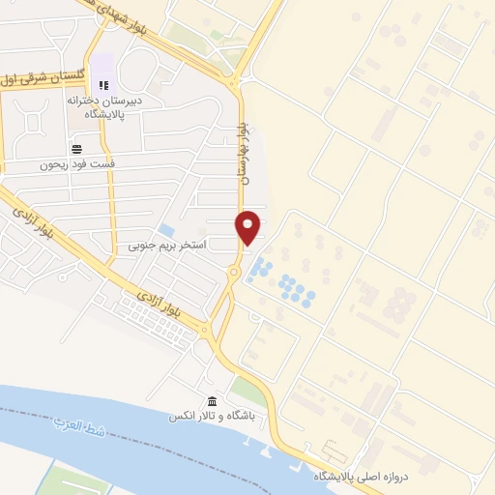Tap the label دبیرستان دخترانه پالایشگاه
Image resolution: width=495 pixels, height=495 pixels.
pyautogui.click(x=105, y=106)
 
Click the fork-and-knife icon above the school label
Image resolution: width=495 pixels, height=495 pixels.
pyautogui.click(x=103, y=86)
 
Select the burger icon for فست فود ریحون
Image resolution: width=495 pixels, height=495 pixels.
pyautogui.click(x=75, y=148)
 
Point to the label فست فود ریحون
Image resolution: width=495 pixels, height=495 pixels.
pyautogui.click(x=76, y=164)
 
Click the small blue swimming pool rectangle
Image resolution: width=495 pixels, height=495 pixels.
pyautogui.click(x=167, y=231)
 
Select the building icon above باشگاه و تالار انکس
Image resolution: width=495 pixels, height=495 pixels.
pyautogui.click(x=213, y=402)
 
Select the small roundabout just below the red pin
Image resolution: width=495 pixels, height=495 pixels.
pyautogui.click(x=235, y=274)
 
